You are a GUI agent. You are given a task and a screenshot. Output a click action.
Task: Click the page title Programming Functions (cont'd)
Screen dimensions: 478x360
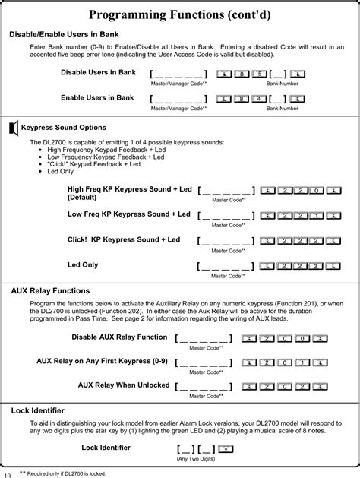pyautogui.click(x=179, y=14)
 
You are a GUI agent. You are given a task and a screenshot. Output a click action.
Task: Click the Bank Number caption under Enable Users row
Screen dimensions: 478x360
pyautogui.click(x=282, y=109)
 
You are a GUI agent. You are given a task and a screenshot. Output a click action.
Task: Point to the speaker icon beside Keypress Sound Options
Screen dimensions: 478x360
pyautogui.click(x=13, y=127)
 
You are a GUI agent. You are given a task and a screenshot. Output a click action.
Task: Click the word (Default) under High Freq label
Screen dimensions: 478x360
pyautogui.click(x=84, y=197)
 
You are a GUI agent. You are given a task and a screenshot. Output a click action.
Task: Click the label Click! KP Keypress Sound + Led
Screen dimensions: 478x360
pyautogui.click(x=124, y=239)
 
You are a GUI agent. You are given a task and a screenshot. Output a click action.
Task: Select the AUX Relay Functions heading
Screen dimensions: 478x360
pyautogui.click(x=50, y=290)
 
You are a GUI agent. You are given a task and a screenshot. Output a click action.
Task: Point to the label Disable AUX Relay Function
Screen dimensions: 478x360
pyautogui.click(x=119, y=337)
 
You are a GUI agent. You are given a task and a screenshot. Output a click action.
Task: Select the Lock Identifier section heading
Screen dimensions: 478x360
pyautogui.click(x=37, y=410)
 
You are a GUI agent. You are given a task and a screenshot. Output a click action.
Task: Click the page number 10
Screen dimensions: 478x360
pyautogui.click(x=8, y=474)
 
